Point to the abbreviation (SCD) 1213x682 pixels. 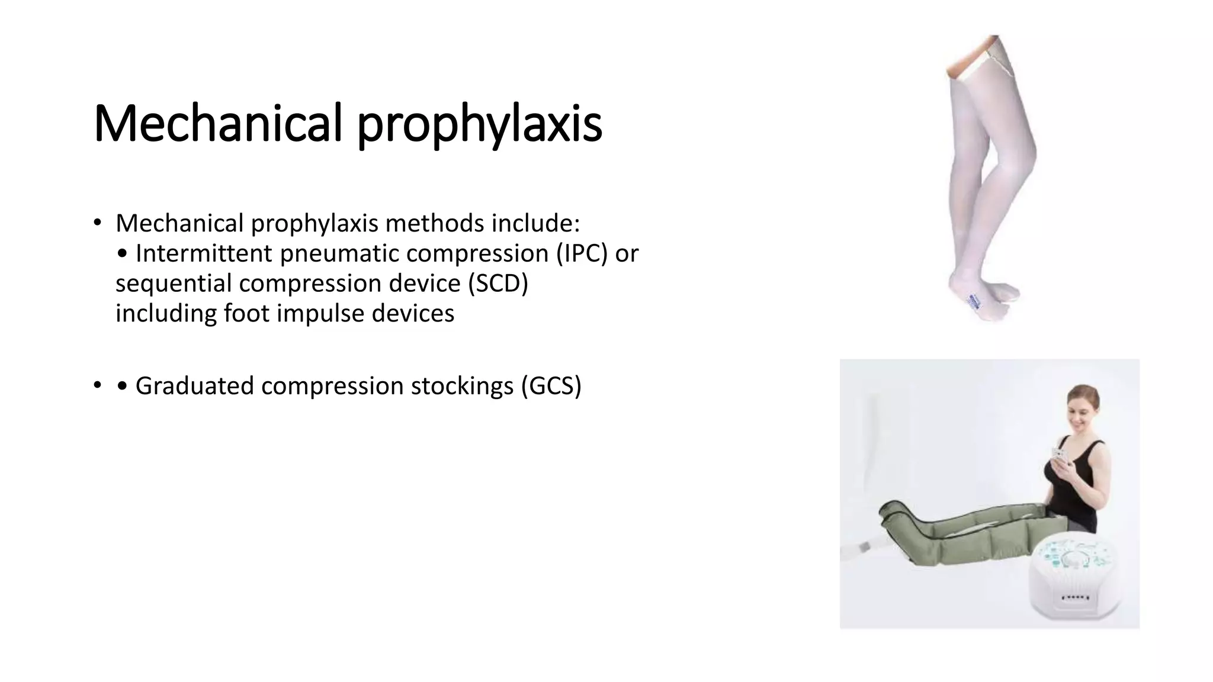click(x=498, y=283)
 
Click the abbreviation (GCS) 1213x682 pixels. click(x=551, y=385)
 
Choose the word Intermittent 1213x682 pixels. click(x=204, y=253)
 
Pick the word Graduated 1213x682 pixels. click(x=194, y=385)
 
